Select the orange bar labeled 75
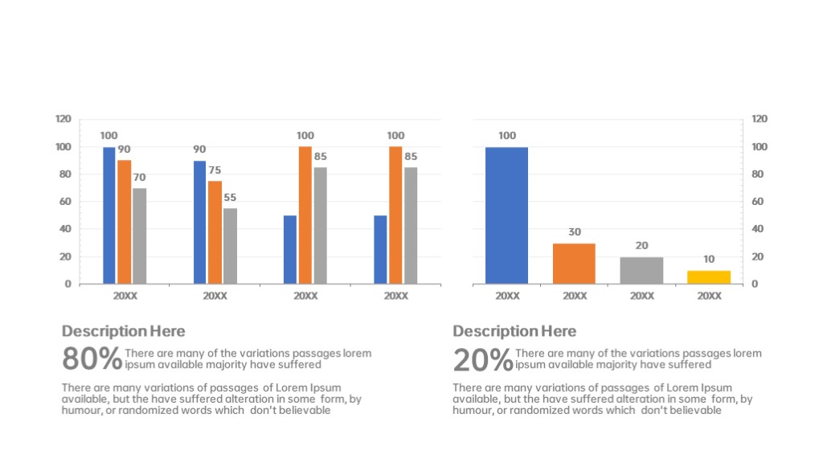(x=215, y=232)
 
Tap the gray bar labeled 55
(x=230, y=246)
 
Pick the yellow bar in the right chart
(x=709, y=277)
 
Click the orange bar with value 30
(x=574, y=264)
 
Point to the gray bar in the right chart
(x=641, y=270)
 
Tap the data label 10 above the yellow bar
(x=709, y=260)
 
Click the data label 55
(x=230, y=198)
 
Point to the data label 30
(x=574, y=232)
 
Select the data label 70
(x=140, y=177)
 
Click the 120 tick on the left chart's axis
(x=63, y=119)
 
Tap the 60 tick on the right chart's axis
(x=757, y=202)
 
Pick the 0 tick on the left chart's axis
(x=68, y=284)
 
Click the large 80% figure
(x=92, y=359)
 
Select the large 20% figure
(x=482, y=359)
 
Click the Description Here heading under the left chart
(x=123, y=331)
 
